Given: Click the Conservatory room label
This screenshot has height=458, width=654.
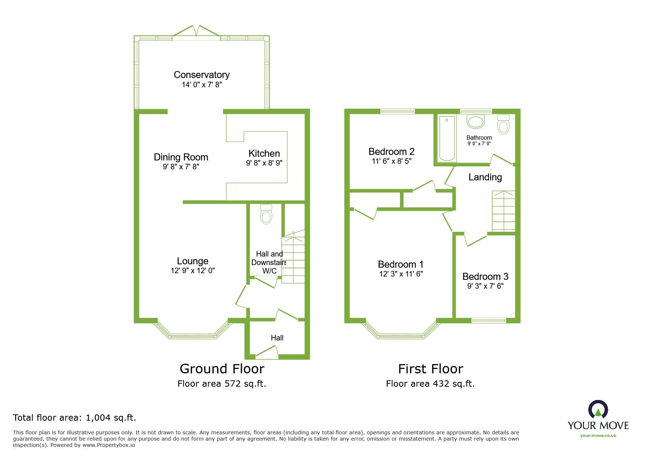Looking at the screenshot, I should click(x=202, y=75).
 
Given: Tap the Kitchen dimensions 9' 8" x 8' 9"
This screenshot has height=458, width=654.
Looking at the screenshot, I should click(x=264, y=163).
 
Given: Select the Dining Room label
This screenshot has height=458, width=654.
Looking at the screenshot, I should click(x=181, y=157).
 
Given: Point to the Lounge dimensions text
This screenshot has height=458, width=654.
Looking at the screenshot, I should click(x=192, y=271).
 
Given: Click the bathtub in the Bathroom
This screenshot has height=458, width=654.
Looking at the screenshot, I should click(x=447, y=139).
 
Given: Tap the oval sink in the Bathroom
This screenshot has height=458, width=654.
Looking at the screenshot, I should click(x=476, y=122).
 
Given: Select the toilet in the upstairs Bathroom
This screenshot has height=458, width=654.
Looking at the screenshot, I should click(x=503, y=124).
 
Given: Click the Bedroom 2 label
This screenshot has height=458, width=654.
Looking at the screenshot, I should click(x=391, y=152).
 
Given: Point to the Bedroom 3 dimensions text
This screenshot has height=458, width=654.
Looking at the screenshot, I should click(x=485, y=286).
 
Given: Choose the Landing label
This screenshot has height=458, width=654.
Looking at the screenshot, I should click(x=485, y=177).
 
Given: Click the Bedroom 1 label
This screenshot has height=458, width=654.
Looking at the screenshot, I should click(x=401, y=264).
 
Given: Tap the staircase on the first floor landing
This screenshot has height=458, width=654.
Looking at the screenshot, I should click(x=503, y=211).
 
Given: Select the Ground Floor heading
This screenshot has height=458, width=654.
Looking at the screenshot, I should click(x=222, y=369).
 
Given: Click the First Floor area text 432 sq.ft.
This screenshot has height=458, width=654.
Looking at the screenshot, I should click(x=430, y=384).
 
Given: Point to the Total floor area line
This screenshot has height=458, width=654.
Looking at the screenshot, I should click(x=75, y=418).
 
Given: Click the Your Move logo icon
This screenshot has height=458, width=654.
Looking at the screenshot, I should click(x=598, y=410).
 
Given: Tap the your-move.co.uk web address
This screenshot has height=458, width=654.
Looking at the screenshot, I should click(x=598, y=435).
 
